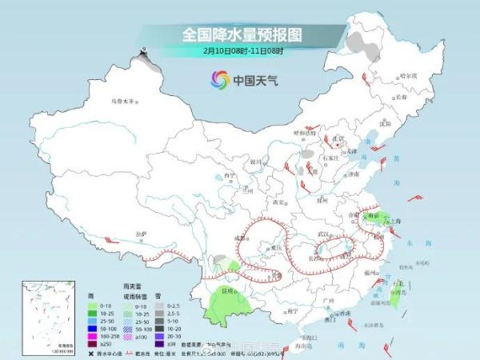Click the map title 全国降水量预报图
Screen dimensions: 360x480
tap(242, 34)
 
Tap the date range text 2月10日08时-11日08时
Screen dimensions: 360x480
tap(242, 50)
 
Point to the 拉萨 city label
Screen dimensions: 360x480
tap(142, 233)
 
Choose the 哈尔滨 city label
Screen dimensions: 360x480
tap(409, 74)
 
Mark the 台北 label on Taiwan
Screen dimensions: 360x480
tap(397, 283)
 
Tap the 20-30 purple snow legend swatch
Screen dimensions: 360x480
tap(160, 336)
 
